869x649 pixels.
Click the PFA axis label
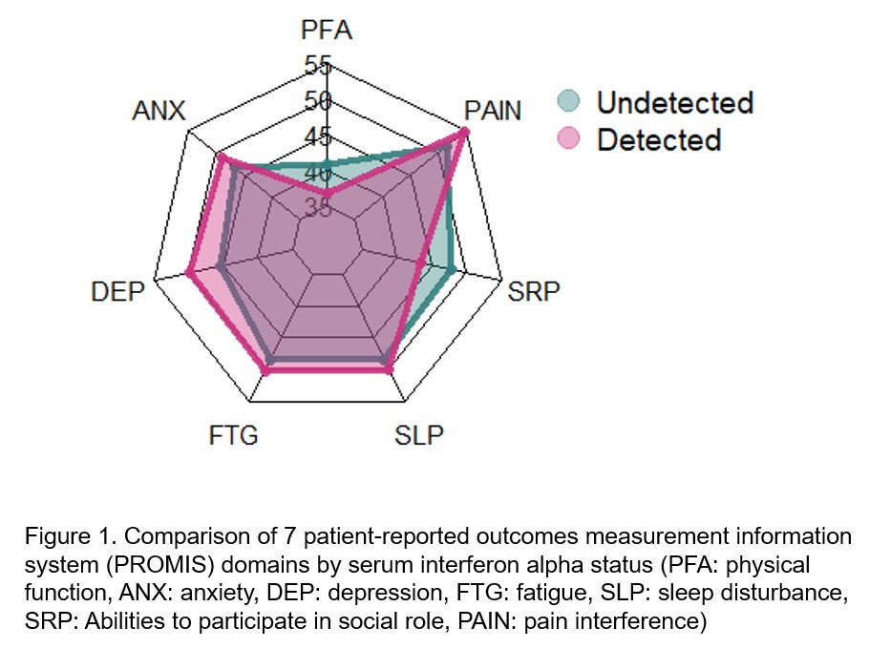point(327,30)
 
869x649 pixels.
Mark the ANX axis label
point(159,111)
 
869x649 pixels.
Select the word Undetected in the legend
point(674,102)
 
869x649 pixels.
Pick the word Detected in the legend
point(658,140)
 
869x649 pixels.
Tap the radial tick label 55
point(318,66)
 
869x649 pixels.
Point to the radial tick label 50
point(318,101)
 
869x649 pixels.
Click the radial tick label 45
point(318,137)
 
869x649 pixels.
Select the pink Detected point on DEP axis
point(190,275)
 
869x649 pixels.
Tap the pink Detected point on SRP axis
point(421,262)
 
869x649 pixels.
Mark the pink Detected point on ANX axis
point(221,158)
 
